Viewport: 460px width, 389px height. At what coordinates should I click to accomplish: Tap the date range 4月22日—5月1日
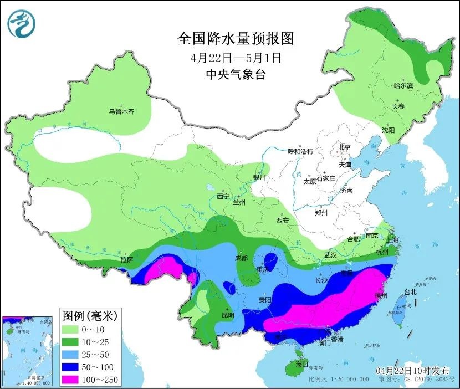(236, 57)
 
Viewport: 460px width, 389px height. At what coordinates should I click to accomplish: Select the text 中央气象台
(236, 74)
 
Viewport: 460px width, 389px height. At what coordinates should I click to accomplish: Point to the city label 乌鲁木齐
(121, 111)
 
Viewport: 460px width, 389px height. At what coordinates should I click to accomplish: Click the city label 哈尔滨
(403, 86)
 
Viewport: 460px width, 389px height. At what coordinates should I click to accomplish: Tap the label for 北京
(345, 147)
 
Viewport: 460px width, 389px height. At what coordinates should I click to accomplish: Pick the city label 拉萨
(126, 259)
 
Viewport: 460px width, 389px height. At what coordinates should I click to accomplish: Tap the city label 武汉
(331, 255)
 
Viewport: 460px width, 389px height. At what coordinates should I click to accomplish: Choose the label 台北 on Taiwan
(410, 292)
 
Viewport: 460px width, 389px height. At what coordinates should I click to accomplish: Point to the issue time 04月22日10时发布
(413, 370)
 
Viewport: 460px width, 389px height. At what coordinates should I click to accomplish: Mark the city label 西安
(282, 221)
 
